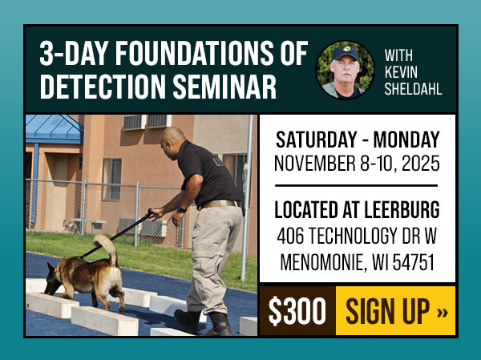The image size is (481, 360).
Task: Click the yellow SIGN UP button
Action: tap(396, 311)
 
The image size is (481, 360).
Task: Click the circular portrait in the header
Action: tap(345, 70)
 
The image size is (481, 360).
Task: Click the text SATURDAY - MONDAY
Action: tap(357, 138)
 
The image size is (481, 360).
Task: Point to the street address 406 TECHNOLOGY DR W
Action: tap(357, 237)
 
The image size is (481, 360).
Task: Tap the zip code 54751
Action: tap(412, 262)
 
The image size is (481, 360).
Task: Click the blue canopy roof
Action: tap(53, 128)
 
